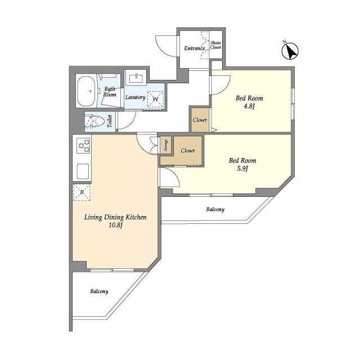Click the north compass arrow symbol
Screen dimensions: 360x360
(290, 51)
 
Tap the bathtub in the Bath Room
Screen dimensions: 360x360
(86, 91)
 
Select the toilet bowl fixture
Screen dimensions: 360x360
(94, 121)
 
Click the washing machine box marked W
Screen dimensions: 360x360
(155, 99)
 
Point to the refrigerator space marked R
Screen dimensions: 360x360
(82, 192)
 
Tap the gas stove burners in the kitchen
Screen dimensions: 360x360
(84, 146)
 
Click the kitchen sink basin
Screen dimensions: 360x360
(83, 172)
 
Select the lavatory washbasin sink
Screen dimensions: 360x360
(136, 78)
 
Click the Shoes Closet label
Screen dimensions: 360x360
(215, 45)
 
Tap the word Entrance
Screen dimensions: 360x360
(195, 48)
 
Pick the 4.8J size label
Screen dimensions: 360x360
(249, 107)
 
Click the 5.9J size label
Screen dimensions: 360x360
(242, 169)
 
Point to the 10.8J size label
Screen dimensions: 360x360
(115, 225)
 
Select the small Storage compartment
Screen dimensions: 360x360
(166, 145)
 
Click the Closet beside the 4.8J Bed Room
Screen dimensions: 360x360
(200, 120)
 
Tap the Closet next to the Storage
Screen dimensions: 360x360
(187, 151)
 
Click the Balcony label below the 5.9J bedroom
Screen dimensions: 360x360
(215, 209)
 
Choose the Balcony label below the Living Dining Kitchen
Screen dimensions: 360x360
(99, 291)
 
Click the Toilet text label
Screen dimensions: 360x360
(110, 121)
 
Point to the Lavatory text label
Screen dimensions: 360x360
(135, 97)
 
